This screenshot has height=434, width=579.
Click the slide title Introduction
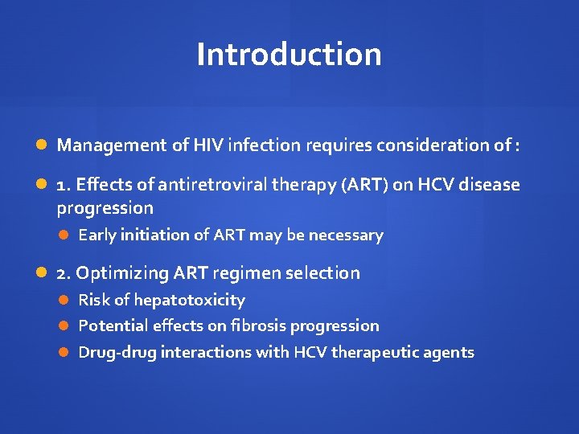pos(289,55)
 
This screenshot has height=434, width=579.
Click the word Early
pos(97,235)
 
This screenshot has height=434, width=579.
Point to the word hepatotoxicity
pos(189,300)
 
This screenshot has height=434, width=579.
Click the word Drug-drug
pos(117,352)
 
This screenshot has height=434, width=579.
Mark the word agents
pos(452,352)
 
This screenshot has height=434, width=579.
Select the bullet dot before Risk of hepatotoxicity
pos(64,300)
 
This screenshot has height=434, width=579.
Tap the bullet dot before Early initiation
pos(64,235)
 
